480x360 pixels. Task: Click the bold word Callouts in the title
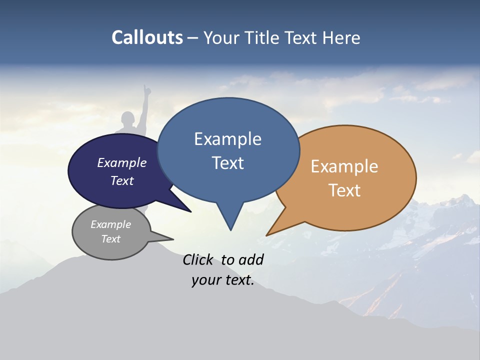[147, 37]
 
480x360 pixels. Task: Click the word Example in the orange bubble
[344, 166]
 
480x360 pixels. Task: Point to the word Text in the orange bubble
[344, 190]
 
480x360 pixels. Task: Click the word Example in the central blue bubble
[227, 139]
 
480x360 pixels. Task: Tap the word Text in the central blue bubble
[227, 163]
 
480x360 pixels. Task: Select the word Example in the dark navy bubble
[122, 162]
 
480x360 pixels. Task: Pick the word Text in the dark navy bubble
[122, 180]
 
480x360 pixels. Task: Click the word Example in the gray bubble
[110, 224]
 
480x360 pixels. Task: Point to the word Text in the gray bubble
[110, 239]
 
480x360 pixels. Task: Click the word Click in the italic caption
[198, 259]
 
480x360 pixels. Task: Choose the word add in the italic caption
[251, 259]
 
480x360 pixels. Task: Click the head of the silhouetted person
[128, 120]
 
